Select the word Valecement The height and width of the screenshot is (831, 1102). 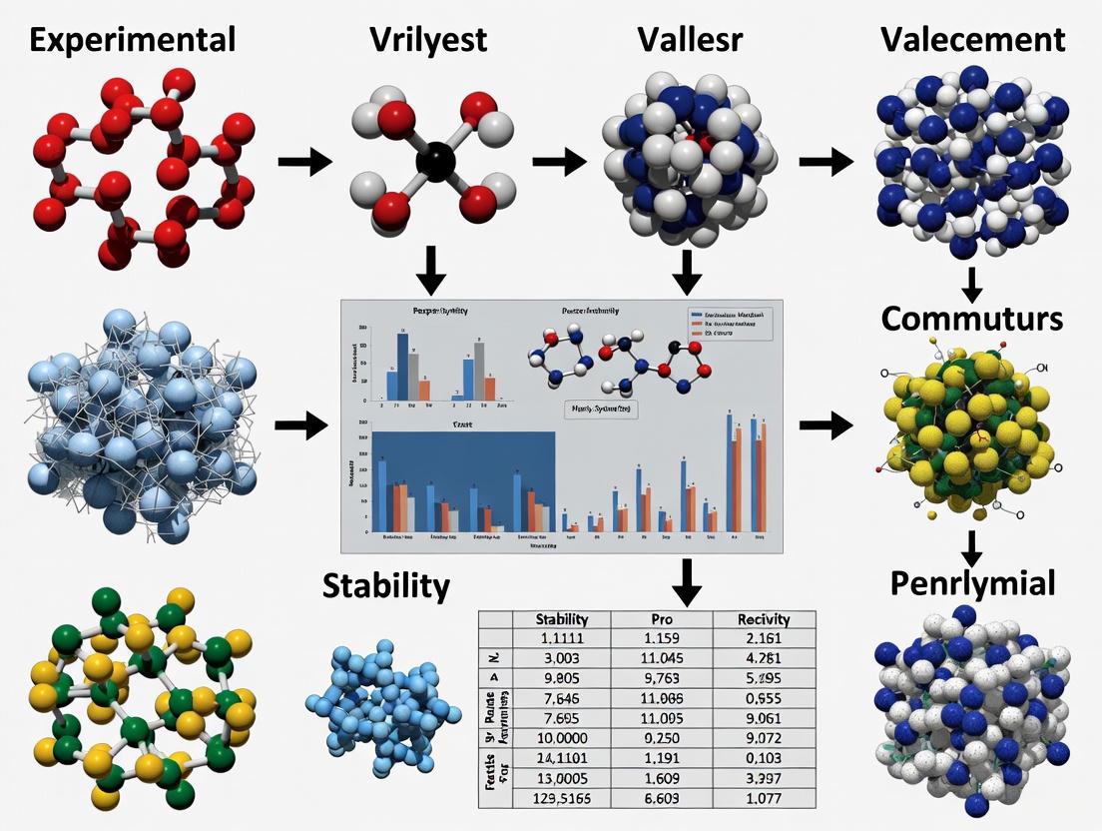coord(973,39)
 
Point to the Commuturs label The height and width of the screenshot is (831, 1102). coord(971,319)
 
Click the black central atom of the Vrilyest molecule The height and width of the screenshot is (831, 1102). coord(436,161)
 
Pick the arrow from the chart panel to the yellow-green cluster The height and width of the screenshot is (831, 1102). coord(825,426)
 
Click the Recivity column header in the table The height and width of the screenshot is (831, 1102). coord(765,619)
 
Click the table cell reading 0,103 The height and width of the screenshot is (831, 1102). coord(765,759)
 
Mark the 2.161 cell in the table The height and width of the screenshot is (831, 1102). coord(765,639)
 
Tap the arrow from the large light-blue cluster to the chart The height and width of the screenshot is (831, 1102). coord(300,426)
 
